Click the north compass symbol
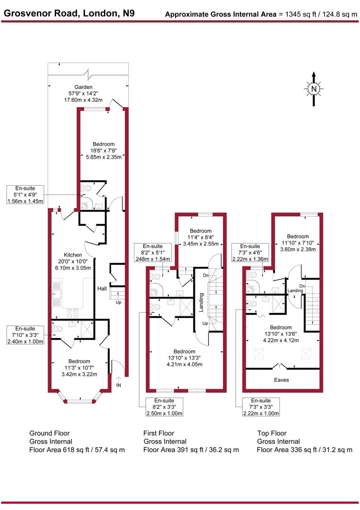tap(313, 89)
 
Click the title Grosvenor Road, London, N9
tap(69, 13)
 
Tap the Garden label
tap(86, 87)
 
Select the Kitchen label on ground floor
tap(74, 255)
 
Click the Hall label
tap(101, 289)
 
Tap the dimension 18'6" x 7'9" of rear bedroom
tap(103, 151)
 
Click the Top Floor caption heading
tap(272, 433)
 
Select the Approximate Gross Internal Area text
tap(221, 14)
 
